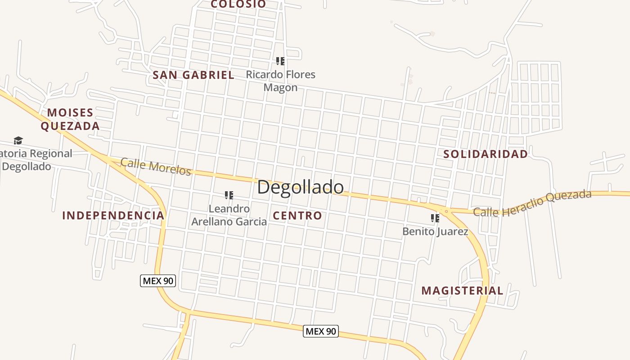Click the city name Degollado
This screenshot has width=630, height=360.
(300, 187)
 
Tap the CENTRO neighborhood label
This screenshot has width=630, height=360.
(297, 216)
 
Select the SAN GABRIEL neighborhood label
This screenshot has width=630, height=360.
(193, 75)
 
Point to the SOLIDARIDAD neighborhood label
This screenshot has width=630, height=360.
(486, 154)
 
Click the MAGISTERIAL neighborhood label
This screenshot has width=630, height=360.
(462, 291)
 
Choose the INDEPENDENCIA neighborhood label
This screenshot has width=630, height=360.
(113, 216)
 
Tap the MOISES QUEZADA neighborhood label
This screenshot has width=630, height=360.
(70, 119)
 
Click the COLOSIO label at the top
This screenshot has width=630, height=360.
(238, 4)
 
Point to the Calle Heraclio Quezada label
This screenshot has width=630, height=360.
(532, 203)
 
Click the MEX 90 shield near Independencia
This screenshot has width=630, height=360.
(157, 281)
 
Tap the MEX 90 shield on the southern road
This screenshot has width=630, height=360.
(320, 331)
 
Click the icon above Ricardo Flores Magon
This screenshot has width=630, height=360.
(280, 61)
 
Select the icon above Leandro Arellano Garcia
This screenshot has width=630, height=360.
(229, 195)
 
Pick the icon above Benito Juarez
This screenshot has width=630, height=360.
(435, 218)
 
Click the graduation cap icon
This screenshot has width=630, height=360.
(18, 140)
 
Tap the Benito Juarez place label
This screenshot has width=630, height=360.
(435, 232)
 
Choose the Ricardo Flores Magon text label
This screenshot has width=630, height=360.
(280, 81)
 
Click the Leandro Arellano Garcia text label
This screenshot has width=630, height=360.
(229, 215)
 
